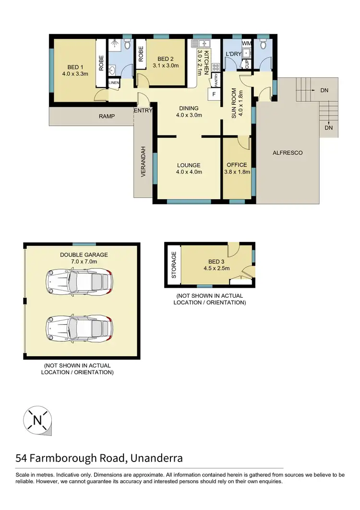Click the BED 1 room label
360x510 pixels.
tap(74, 67)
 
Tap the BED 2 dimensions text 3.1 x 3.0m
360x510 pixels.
tap(166, 66)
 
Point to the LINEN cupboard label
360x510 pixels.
tap(114, 83)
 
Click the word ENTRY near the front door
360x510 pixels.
tap(144, 110)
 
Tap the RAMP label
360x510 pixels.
tap(107, 116)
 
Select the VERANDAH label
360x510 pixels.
tap(143, 162)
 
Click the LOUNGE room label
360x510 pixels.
tap(189, 165)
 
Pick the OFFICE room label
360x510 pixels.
tap(237, 165)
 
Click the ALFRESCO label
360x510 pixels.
tap(288, 153)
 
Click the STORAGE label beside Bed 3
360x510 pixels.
tap(174, 265)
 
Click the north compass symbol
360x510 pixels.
tap(37, 421)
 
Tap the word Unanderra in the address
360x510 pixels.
tap(156, 458)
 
